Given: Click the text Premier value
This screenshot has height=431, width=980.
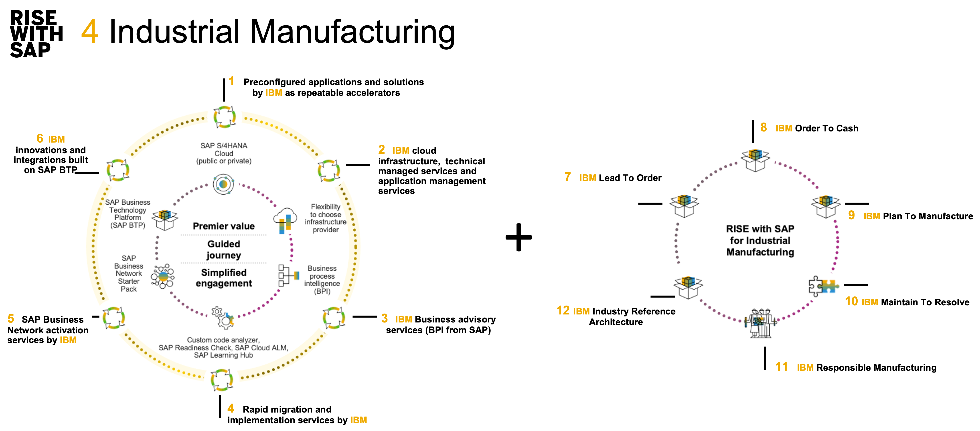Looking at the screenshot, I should (x=224, y=226).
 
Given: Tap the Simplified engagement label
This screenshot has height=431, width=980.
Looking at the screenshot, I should (x=224, y=278).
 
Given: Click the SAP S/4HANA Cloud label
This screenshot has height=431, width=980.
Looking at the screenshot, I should (x=224, y=153).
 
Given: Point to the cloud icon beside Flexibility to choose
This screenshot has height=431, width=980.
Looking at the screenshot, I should (x=285, y=220).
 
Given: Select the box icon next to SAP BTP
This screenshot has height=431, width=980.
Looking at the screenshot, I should (x=165, y=220).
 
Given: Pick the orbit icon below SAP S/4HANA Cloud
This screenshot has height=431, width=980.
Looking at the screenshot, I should (x=224, y=184).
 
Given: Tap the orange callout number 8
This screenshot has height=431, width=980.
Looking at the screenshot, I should (x=763, y=127).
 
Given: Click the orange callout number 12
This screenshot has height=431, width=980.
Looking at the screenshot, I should (x=563, y=310).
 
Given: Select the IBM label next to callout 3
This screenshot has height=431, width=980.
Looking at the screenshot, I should (x=404, y=319).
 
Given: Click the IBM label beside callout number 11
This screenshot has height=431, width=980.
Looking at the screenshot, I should (x=805, y=368).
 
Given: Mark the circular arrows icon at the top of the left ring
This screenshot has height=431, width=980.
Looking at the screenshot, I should (x=225, y=117).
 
